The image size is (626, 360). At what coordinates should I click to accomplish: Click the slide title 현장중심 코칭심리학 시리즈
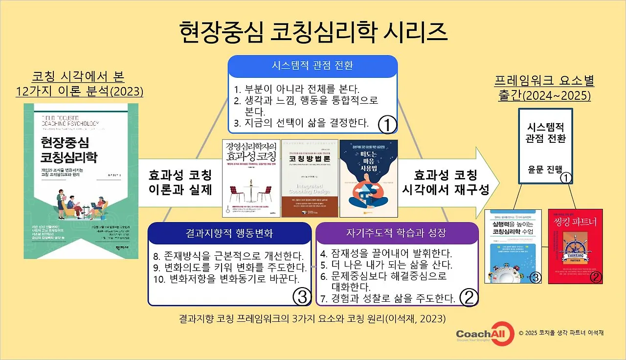click(313, 32)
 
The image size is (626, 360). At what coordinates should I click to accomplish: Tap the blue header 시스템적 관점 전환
click(313, 66)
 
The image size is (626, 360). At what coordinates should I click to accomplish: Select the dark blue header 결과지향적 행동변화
click(229, 233)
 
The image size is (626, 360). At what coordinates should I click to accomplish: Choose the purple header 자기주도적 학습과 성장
click(396, 233)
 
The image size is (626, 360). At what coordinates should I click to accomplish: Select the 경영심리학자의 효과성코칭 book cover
click(250, 179)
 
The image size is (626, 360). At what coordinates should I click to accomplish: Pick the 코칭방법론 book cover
click(310, 179)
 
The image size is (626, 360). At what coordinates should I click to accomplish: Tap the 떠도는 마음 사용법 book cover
click(369, 179)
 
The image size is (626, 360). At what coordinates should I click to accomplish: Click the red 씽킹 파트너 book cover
click(575, 247)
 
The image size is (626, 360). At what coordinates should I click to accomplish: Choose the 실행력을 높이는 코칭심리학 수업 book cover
click(514, 247)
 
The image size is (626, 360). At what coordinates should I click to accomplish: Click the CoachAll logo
click(482, 333)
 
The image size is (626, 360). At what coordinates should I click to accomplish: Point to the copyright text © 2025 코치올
click(561, 333)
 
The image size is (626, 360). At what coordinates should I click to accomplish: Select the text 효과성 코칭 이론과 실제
click(180, 182)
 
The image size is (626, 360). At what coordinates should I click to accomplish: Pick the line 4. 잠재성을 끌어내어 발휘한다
click(386, 255)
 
